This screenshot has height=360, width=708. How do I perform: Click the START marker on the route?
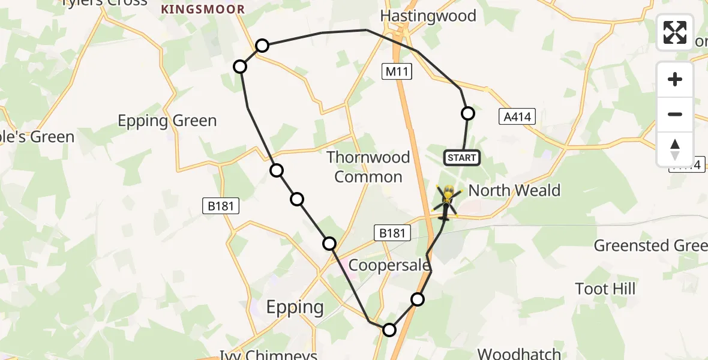point(462,158)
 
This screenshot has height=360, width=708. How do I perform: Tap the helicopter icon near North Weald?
point(448,201)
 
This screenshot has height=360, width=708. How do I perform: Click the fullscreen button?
point(675,32)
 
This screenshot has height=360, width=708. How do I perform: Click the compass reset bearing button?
point(675,149)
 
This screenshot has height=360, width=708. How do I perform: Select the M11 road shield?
point(397,72)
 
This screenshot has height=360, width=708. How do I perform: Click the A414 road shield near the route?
point(517,116)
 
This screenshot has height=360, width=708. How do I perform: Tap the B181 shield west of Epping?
point(221,206)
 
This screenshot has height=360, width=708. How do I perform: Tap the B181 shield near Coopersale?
point(392,233)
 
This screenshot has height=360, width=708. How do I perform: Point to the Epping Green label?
point(167,121)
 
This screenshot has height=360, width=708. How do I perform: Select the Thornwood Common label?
point(368,167)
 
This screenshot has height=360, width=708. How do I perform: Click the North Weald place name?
point(514,191)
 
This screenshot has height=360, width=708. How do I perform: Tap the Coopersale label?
point(389,265)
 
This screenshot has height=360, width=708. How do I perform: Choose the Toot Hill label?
point(605,289)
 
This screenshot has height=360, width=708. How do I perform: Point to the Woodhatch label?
point(520,353)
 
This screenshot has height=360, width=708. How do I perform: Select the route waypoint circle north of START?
point(467,113)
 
